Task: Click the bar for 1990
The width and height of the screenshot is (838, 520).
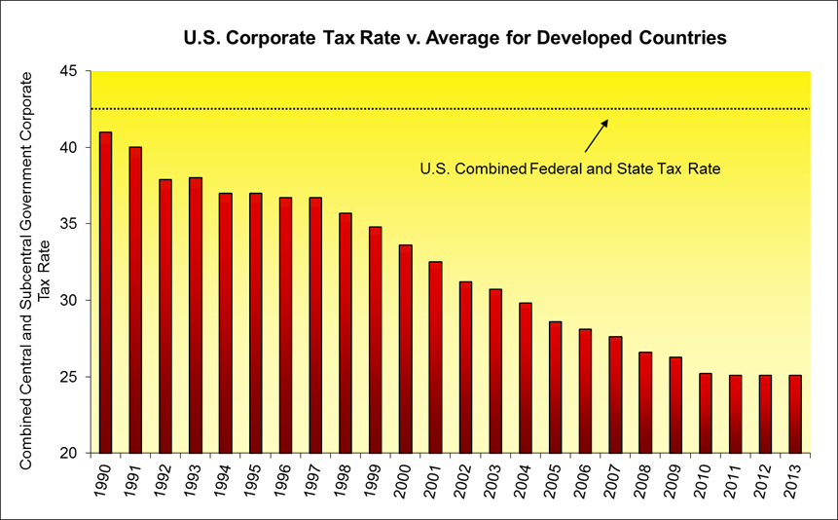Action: pyautogui.click(x=105, y=292)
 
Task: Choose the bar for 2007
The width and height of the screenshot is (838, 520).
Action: pyautogui.click(x=616, y=394)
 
